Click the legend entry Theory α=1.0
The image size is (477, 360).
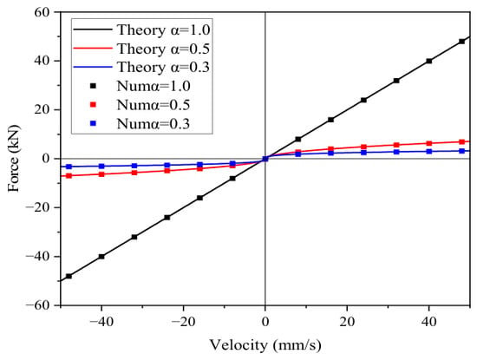(141, 30)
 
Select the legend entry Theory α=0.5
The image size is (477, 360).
(141, 49)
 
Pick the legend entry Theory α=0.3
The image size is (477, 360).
(141, 67)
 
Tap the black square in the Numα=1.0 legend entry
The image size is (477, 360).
(94, 86)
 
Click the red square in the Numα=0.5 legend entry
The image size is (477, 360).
(94, 105)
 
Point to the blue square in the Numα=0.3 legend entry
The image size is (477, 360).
(94, 123)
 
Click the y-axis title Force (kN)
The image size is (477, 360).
(14, 158)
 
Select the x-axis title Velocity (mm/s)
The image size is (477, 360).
(265, 345)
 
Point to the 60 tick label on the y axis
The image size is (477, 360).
(42, 12)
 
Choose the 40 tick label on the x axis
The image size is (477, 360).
(429, 322)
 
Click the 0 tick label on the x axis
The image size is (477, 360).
(265, 322)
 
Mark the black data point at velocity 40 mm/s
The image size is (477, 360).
(429, 61)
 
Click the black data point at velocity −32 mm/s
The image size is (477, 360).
(134, 237)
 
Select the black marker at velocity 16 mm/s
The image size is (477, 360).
(330, 120)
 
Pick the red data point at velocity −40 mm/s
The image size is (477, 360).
(101, 174)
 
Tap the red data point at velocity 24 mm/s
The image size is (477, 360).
(363, 147)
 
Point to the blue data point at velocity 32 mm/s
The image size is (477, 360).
(396, 152)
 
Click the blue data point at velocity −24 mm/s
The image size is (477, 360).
(167, 165)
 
